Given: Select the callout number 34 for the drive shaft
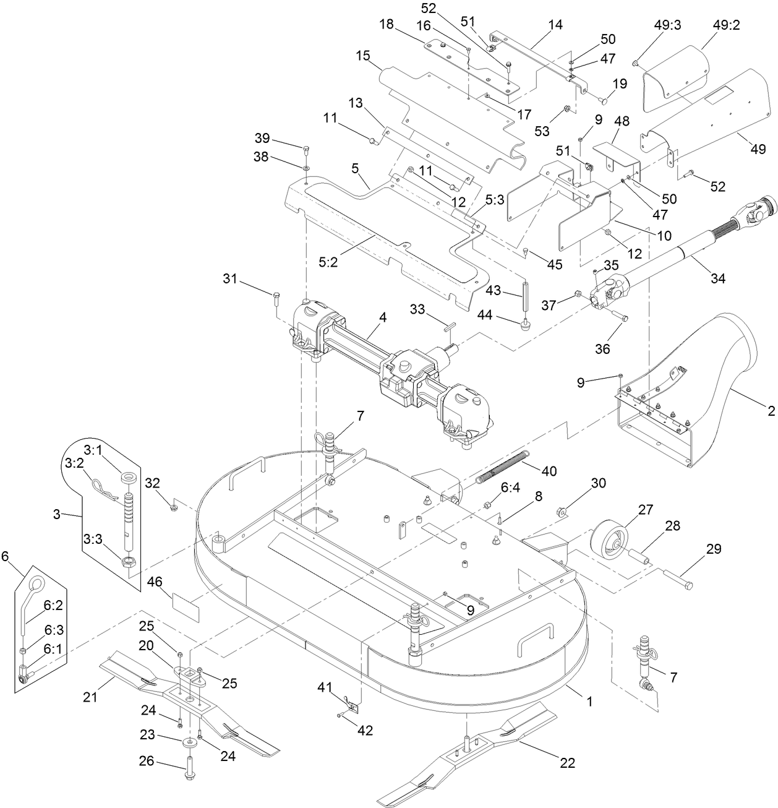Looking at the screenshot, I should (717, 278).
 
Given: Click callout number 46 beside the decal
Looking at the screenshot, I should (155, 581).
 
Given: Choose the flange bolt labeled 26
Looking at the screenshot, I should (188, 767).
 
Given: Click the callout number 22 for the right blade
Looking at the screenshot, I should (567, 763).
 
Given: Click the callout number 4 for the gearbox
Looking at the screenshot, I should (383, 317).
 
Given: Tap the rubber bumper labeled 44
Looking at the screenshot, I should (525, 324).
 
